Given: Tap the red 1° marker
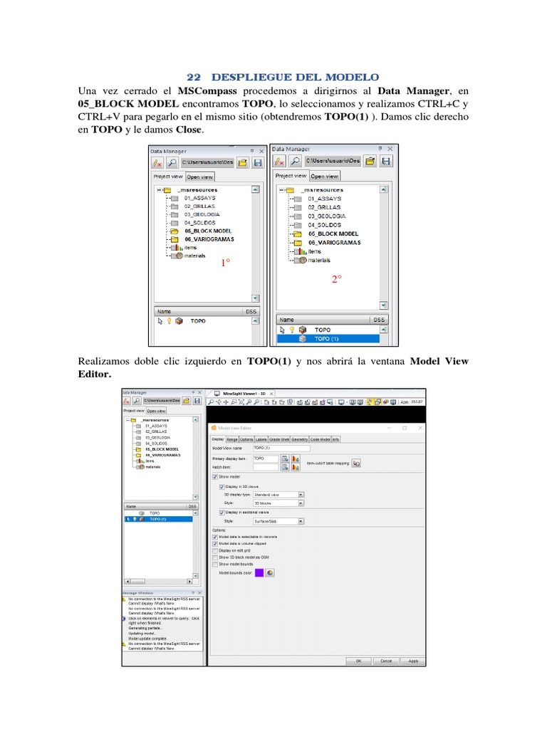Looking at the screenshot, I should pyautogui.click(x=225, y=263).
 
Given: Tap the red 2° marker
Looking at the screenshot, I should pyautogui.click(x=337, y=279).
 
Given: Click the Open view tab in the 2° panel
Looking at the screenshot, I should pyautogui.click(x=324, y=177).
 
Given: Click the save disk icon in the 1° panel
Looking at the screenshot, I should pyautogui.click(x=257, y=162).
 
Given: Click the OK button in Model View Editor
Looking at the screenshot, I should pyautogui.click(x=359, y=660).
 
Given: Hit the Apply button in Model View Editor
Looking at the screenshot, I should pyautogui.click(x=413, y=660).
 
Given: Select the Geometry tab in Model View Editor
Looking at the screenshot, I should pyautogui.click(x=299, y=439).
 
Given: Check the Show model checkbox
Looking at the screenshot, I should pyautogui.click(x=215, y=476).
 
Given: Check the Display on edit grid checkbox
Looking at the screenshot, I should pyautogui.click(x=215, y=550).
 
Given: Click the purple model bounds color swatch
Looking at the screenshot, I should pyautogui.click(x=259, y=572).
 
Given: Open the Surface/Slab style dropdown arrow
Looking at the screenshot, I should pyautogui.click(x=301, y=521).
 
